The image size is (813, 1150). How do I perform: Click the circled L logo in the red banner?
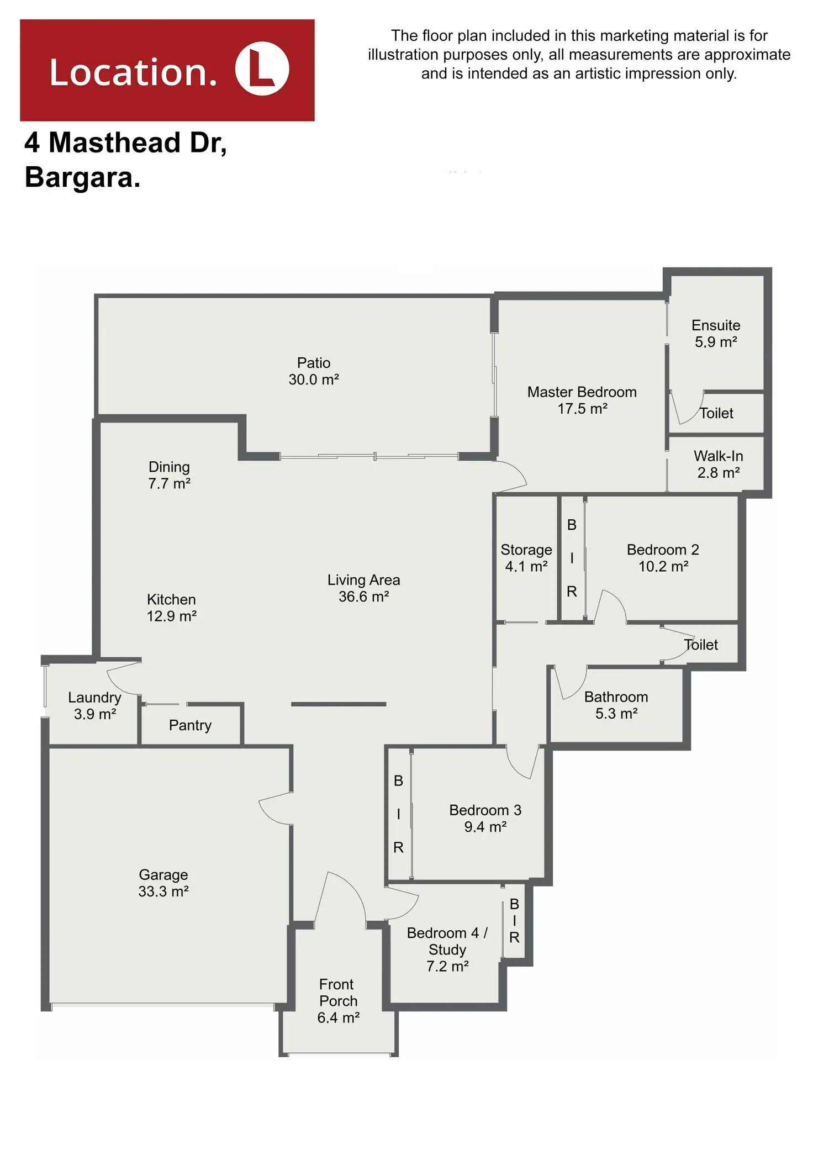[x=262, y=70]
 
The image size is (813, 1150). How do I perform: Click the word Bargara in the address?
[x=82, y=178]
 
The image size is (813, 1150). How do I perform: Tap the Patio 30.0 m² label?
[x=314, y=371]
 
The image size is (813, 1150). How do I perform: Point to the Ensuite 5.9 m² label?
[x=716, y=334]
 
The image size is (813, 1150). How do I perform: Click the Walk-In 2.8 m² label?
[x=718, y=464]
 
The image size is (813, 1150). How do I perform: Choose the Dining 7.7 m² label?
[x=169, y=475]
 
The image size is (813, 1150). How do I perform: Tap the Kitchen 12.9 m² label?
[x=171, y=608]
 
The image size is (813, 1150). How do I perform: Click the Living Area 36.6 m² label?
[x=363, y=588]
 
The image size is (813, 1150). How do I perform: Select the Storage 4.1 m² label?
[x=526, y=558]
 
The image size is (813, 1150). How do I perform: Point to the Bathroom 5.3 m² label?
[x=616, y=705]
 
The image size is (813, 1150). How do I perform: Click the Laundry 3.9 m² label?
[x=94, y=705]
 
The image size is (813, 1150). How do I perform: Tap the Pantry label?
[x=190, y=725]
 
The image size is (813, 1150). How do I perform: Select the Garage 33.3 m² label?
[x=163, y=883]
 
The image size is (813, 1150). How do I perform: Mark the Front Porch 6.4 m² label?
[x=338, y=1001]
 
